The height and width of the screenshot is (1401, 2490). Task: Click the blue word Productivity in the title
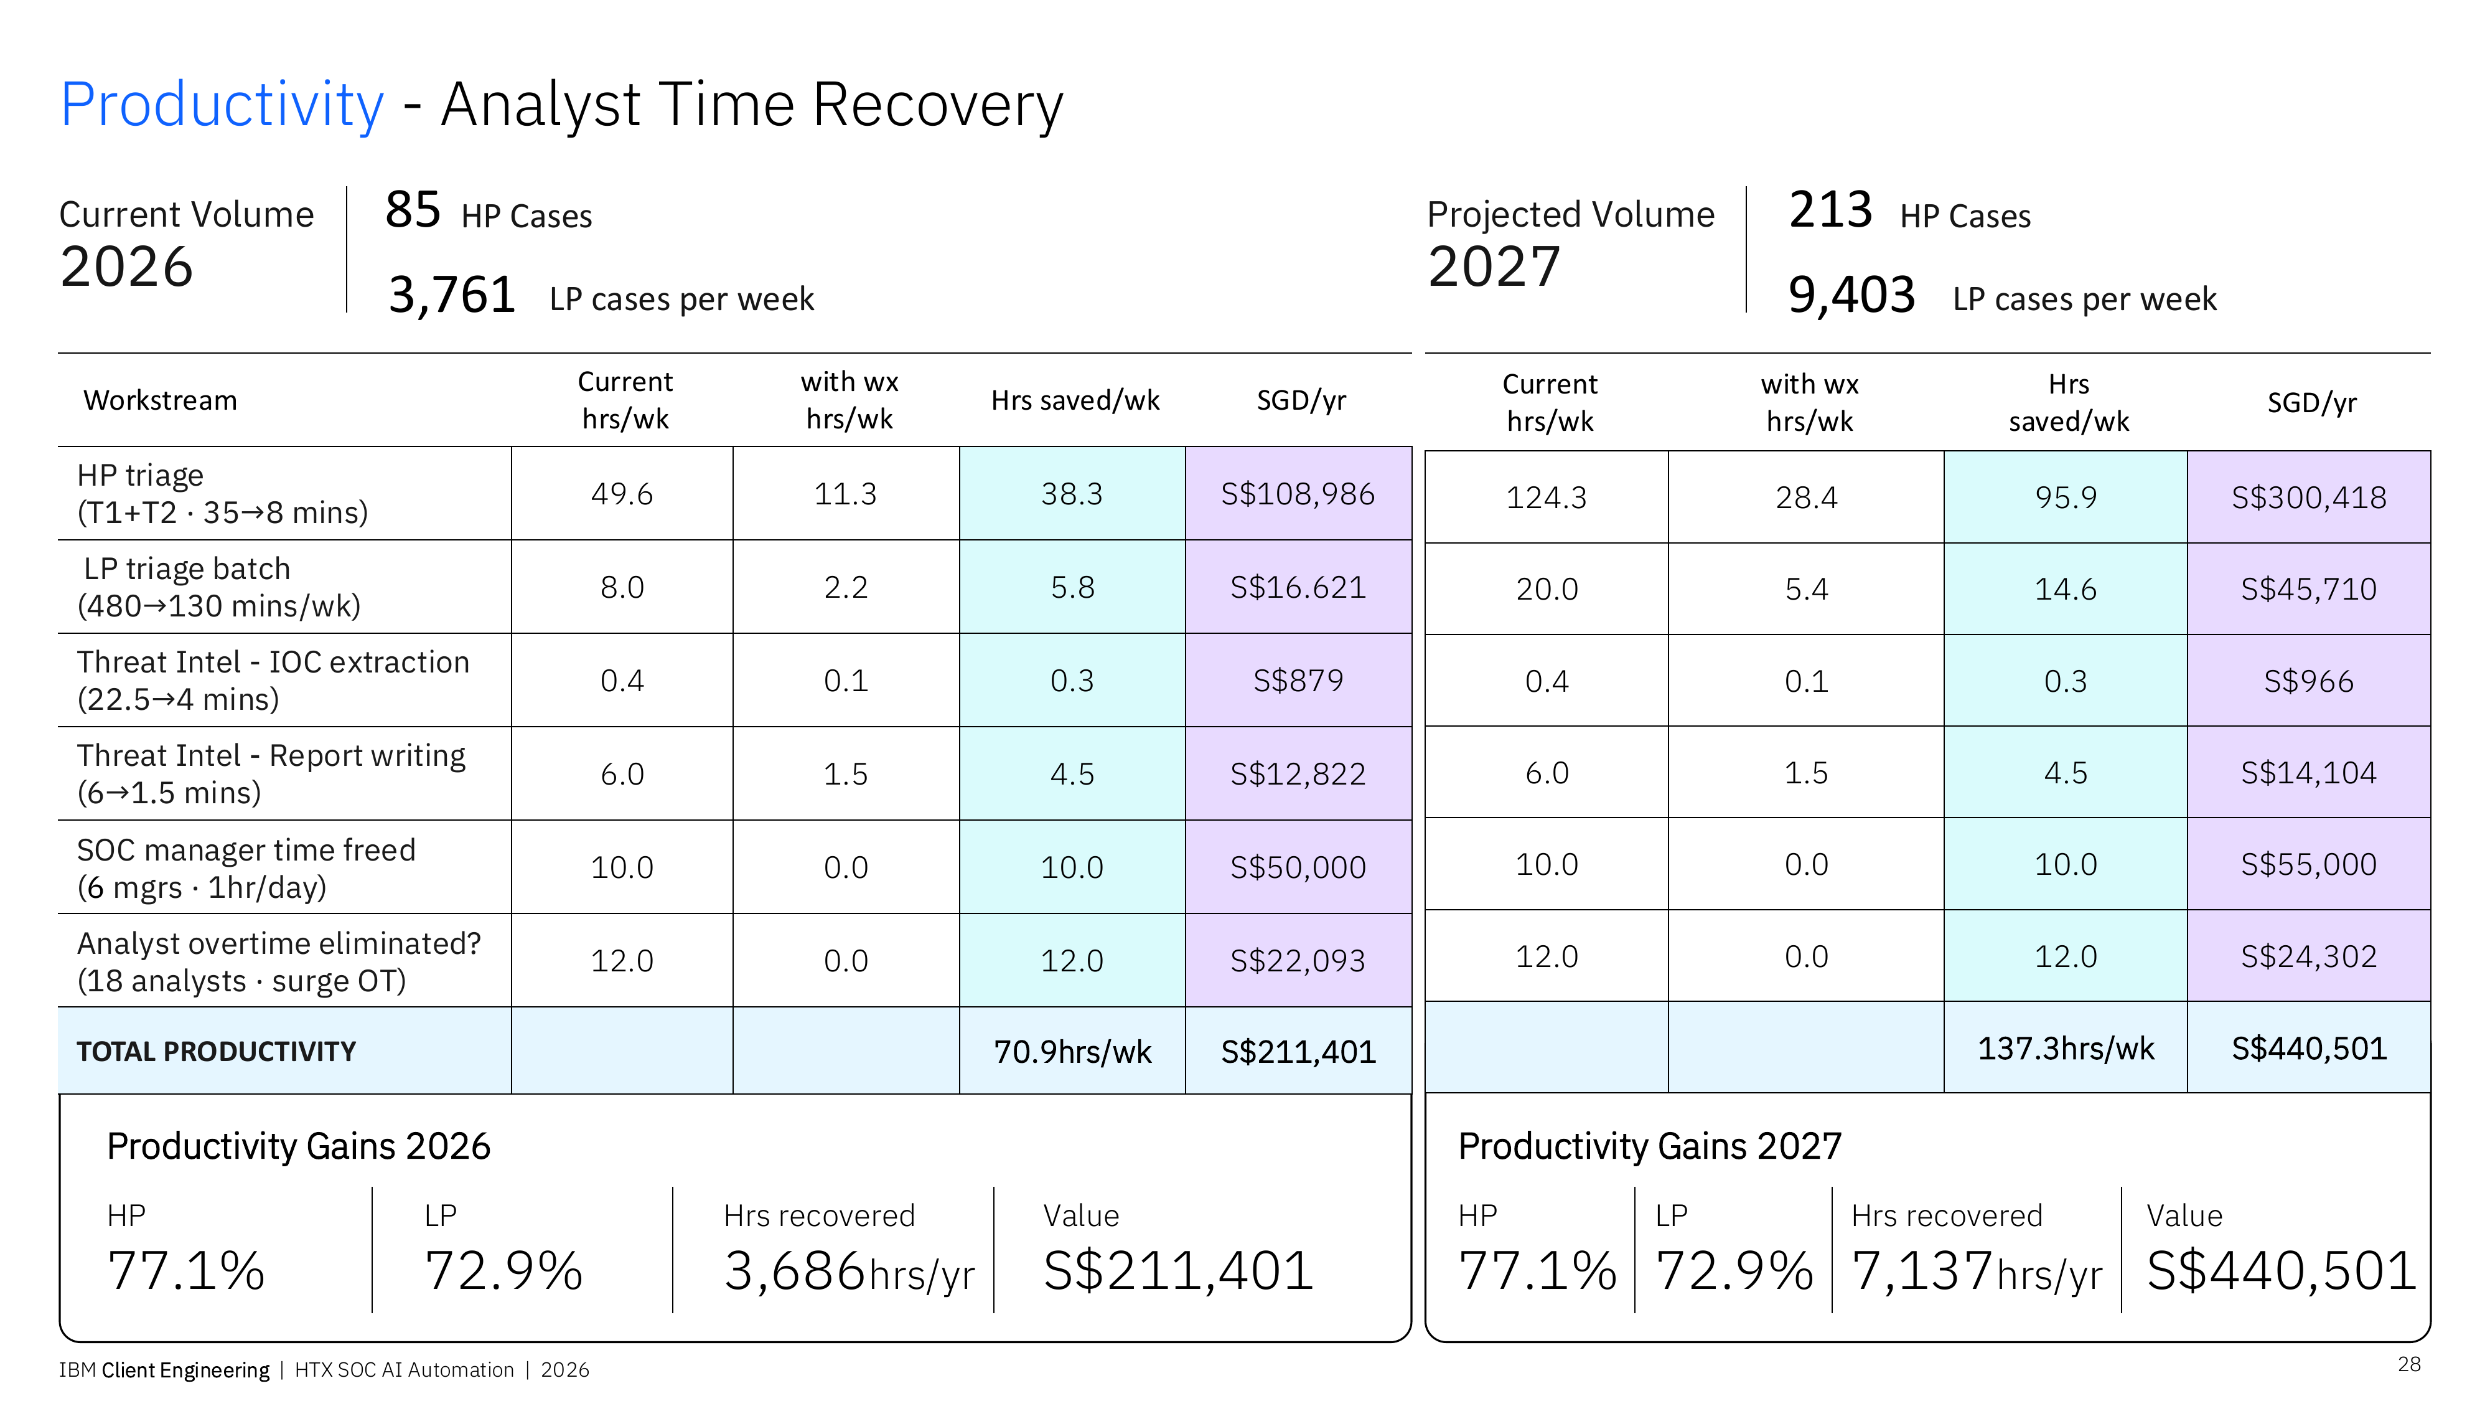(x=222, y=105)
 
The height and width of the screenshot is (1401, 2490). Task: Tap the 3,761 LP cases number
(x=451, y=295)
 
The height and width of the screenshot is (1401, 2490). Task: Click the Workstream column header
(x=161, y=400)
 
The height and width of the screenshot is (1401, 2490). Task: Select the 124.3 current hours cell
(x=1547, y=498)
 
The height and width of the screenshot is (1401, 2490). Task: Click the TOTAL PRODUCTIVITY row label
(x=217, y=1052)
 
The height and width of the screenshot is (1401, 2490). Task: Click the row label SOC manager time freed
(x=246, y=850)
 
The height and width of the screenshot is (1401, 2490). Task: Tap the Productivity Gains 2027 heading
(x=1650, y=1147)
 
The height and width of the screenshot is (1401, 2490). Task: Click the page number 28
(x=2409, y=1364)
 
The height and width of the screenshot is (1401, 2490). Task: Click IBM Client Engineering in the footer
(x=164, y=1370)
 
